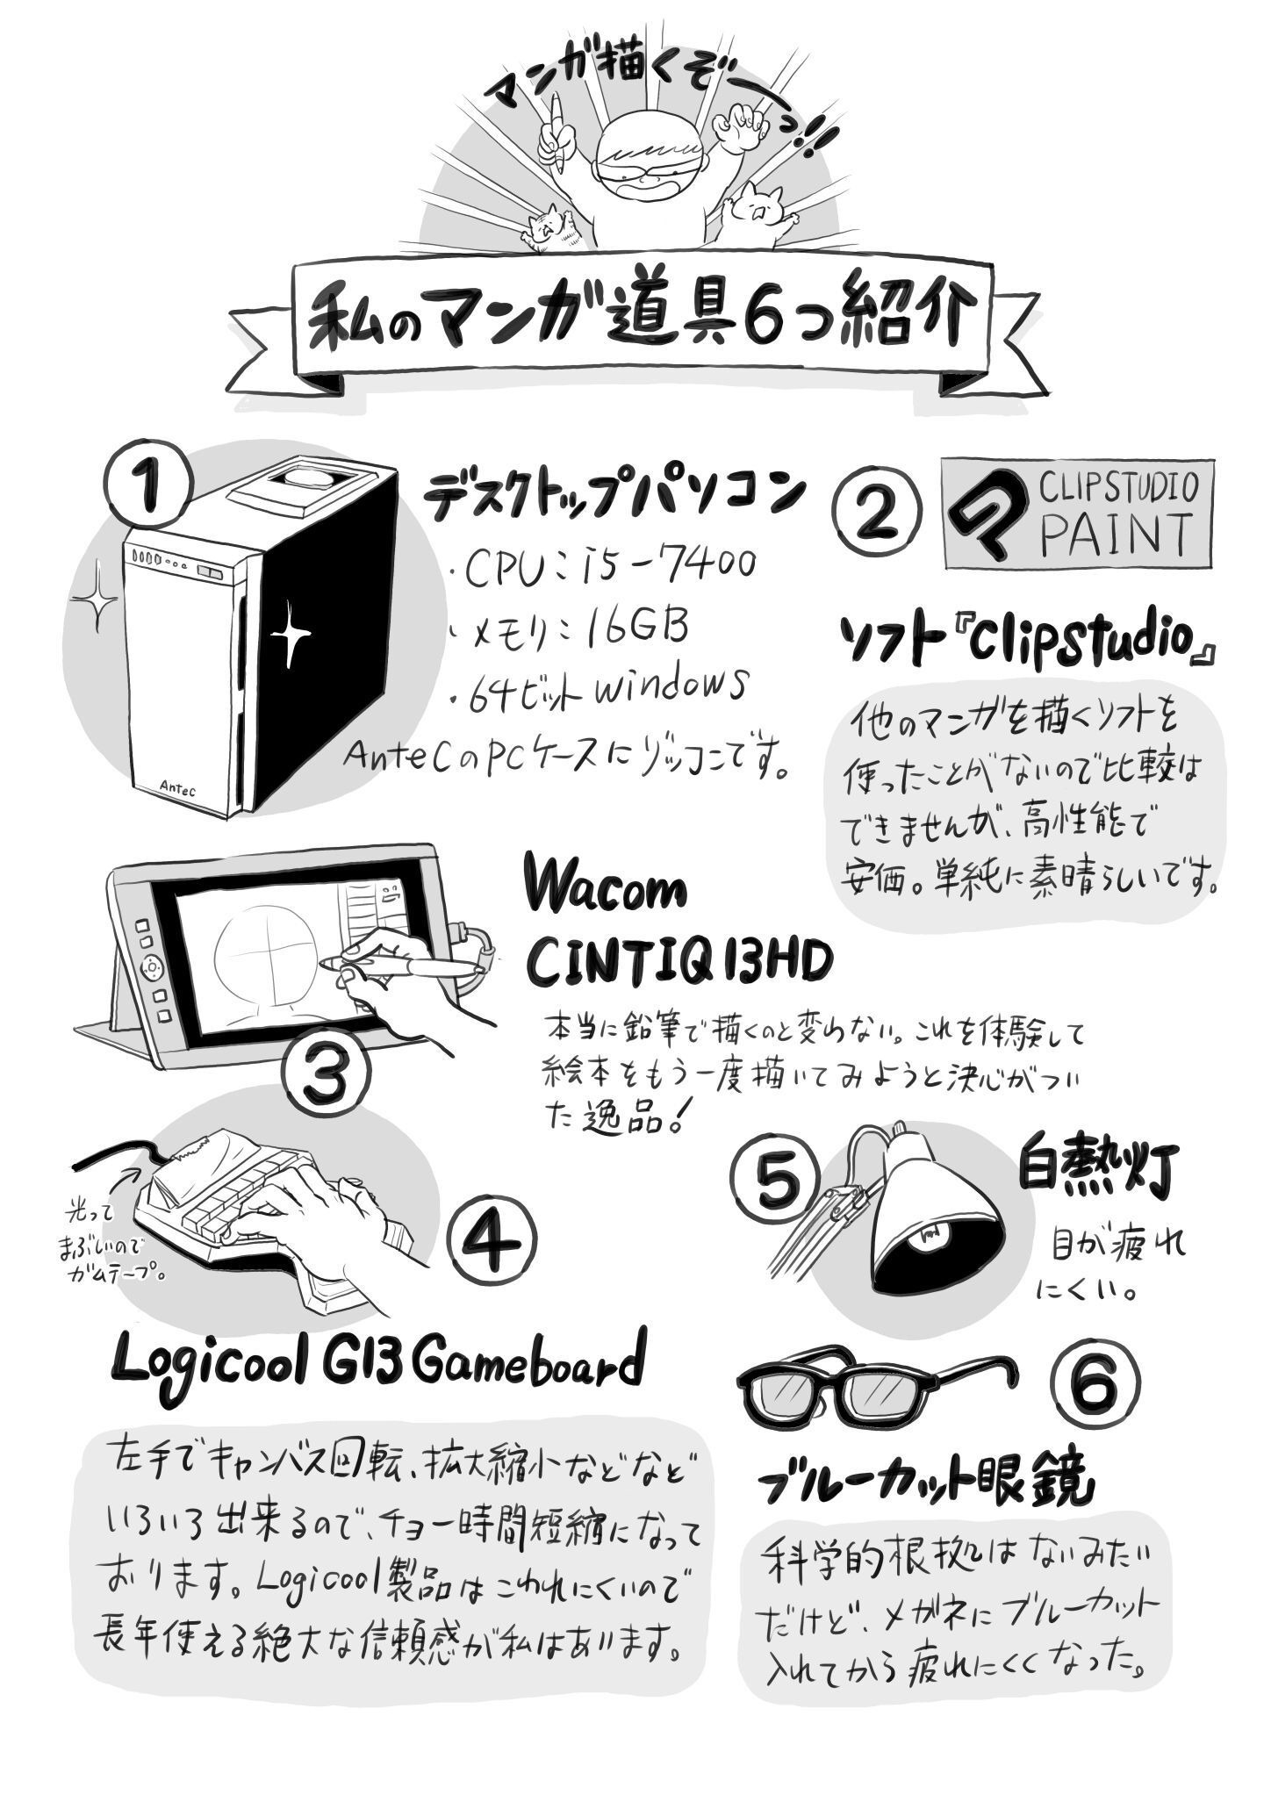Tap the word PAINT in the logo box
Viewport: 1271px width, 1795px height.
point(1116,533)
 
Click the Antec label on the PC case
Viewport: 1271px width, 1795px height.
point(178,787)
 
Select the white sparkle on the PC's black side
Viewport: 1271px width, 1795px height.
point(289,633)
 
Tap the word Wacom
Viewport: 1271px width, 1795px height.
point(607,891)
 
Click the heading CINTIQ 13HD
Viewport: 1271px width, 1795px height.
point(679,963)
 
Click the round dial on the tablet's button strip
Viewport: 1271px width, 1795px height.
point(152,967)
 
